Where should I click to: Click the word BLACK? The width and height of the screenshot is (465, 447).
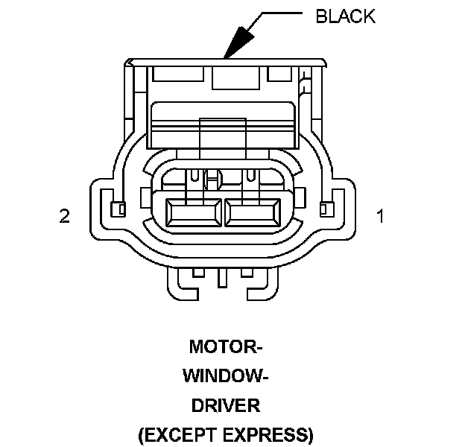[x=345, y=16]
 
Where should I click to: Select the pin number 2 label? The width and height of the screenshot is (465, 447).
[x=65, y=217]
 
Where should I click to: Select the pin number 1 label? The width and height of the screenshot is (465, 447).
[x=380, y=217]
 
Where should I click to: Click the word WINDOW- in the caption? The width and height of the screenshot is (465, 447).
[x=226, y=375]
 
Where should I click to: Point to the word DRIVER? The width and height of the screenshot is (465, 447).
[x=225, y=405]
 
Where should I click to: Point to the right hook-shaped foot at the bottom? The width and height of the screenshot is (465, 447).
[x=262, y=284]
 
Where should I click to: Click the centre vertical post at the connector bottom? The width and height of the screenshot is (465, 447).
[x=222, y=279]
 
